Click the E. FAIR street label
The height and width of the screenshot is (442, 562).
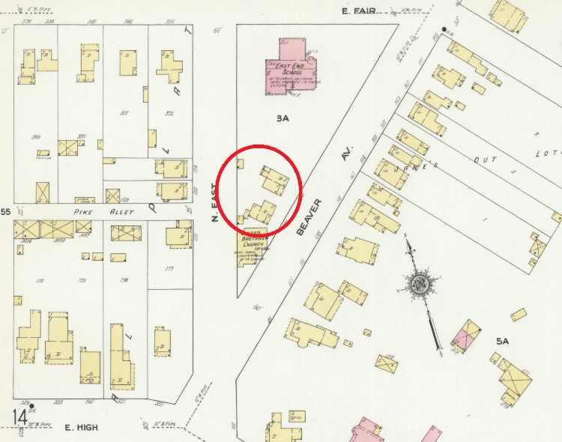357,11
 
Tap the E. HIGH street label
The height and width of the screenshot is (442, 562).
82,428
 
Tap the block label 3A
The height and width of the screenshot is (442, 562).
282,118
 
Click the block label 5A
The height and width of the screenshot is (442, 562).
502,341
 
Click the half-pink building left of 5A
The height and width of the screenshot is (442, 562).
467,336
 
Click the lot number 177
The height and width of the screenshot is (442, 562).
169,269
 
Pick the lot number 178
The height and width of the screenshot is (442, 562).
124,280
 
